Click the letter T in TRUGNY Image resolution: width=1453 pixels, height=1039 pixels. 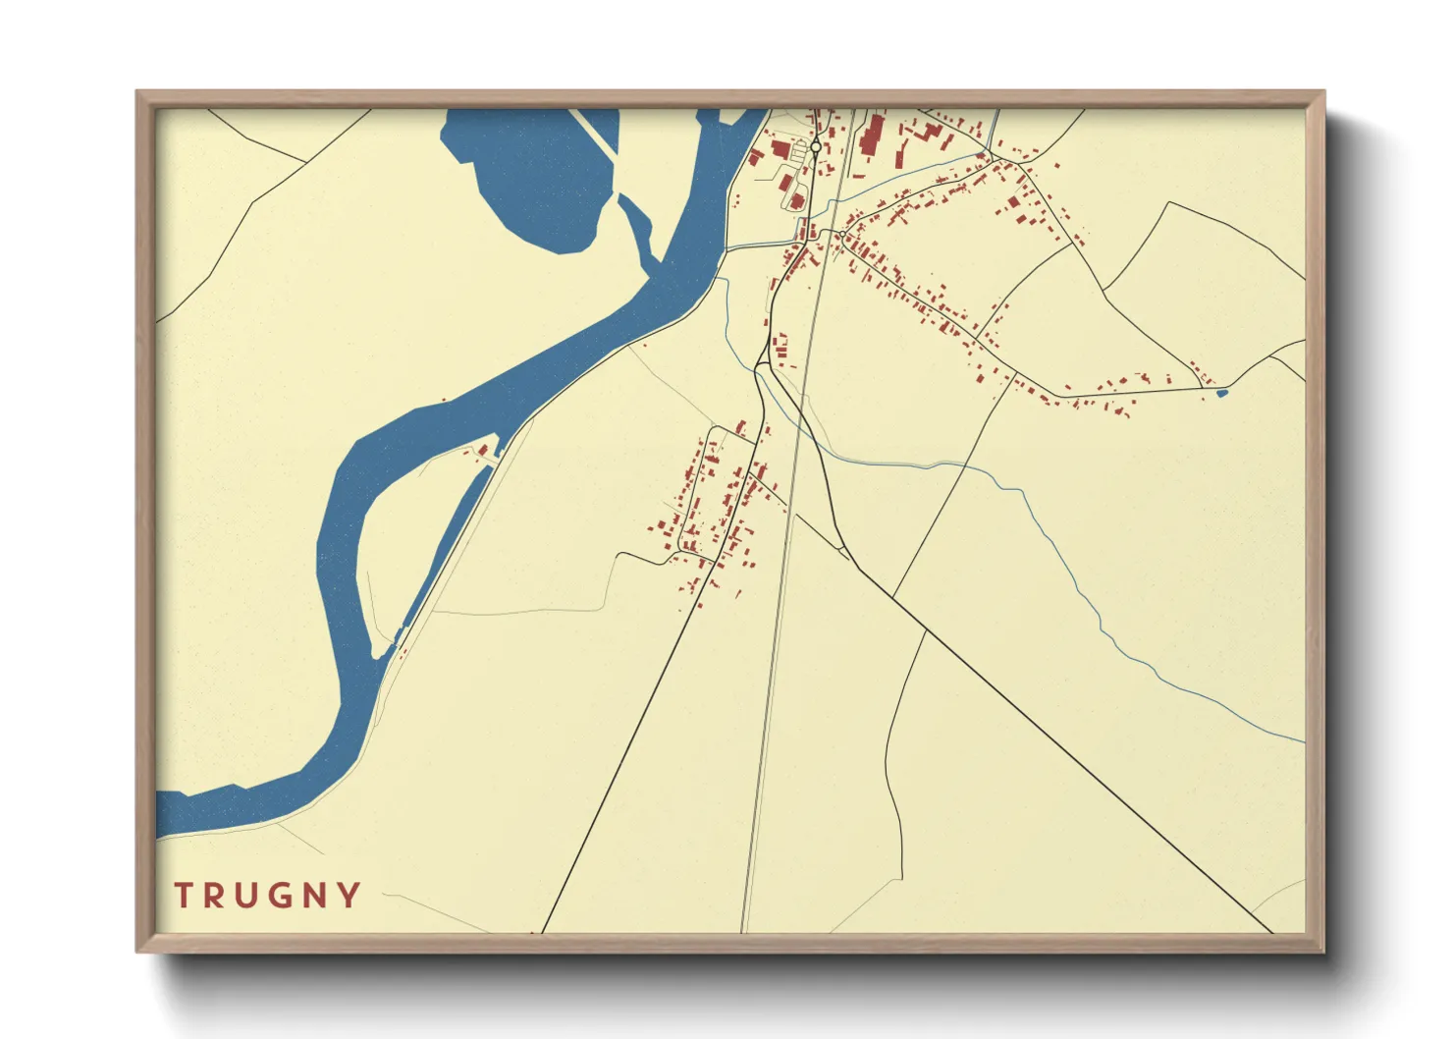184,896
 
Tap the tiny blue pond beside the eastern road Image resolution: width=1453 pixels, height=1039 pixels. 1221,394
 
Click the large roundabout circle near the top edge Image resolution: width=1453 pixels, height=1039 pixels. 816,147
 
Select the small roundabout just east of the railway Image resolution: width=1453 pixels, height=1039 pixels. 842,234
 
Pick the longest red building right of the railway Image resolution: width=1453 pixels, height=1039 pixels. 870,136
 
